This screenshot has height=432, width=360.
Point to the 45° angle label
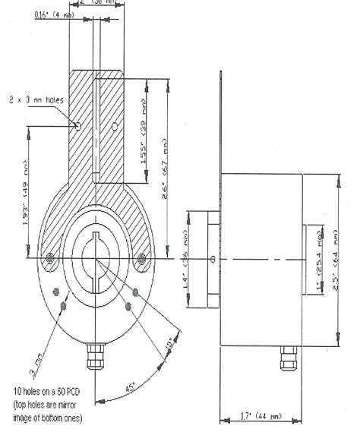coord(130,389)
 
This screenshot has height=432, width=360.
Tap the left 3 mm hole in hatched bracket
coord(77,124)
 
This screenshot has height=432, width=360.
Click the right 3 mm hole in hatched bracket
coord(114,124)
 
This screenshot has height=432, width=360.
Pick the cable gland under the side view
coord(289,355)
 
